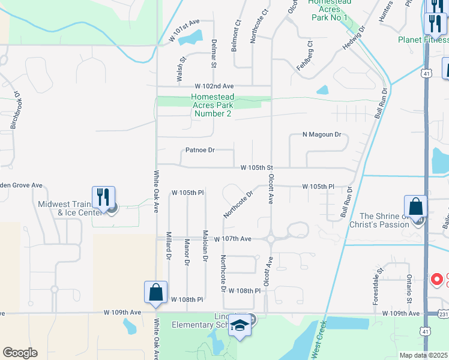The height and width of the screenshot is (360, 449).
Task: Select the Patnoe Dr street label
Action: (200, 150)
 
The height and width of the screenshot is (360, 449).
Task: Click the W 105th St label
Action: (257, 167)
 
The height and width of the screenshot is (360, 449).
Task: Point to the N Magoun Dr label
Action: (321, 135)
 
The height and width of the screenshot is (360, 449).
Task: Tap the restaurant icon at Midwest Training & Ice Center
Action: (103, 197)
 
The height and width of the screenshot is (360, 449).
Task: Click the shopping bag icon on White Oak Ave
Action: (155, 292)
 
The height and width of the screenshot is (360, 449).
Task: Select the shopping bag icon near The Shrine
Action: (415, 207)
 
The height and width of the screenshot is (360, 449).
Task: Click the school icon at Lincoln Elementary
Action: (240, 325)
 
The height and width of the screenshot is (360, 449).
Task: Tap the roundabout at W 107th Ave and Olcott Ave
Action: (270, 238)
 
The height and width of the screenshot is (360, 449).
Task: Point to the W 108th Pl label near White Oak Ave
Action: (188, 299)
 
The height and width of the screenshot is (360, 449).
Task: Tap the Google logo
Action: (20, 352)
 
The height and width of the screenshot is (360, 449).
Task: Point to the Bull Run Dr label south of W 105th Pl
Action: (346, 201)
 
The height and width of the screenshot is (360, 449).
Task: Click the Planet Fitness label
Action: (423, 40)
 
